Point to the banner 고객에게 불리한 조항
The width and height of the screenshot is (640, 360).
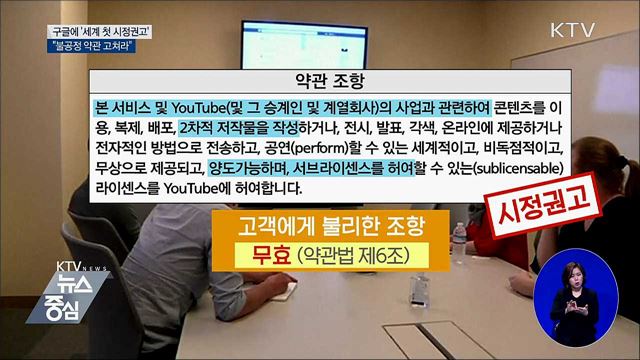(x=319, y=222)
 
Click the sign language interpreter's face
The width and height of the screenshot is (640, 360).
(x=577, y=277)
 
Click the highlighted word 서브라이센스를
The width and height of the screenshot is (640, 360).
(x=346, y=167)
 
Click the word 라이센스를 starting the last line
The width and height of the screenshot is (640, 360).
(x=124, y=187)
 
